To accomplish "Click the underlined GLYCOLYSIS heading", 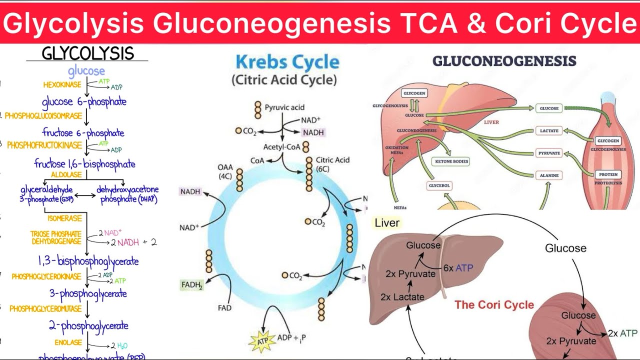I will click(x=87, y=53).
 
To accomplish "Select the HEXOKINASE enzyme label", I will click(x=62, y=85).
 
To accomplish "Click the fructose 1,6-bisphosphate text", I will click(x=84, y=164).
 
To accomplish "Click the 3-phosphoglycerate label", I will click(x=88, y=293).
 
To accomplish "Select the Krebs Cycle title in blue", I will click(x=287, y=62).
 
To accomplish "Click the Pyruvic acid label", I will click(x=284, y=107).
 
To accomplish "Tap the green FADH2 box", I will click(x=192, y=285).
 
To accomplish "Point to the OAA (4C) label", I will click(x=225, y=171).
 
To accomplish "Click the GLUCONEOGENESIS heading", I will click(x=504, y=61).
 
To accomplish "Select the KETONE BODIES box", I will click(x=450, y=162).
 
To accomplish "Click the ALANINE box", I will click(x=549, y=175).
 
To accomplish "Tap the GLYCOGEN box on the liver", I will click(x=414, y=93).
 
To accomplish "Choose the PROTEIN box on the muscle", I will click(x=608, y=174).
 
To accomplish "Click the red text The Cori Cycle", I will click(x=494, y=305).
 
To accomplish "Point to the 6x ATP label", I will click(x=457, y=267).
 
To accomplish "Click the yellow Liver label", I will click(x=387, y=223).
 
